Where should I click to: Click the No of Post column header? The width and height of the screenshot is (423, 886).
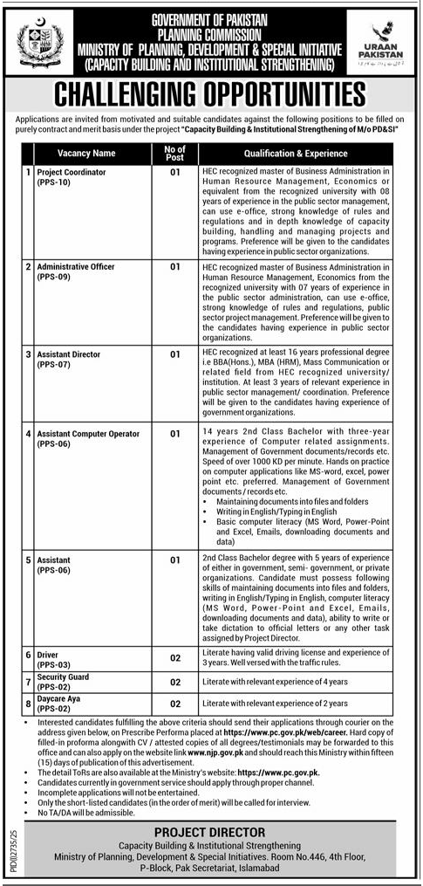(x=174, y=153)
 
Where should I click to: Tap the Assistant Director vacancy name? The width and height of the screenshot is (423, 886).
(x=69, y=355)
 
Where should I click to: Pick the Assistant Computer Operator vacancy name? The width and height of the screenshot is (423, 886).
(x=91, y=434)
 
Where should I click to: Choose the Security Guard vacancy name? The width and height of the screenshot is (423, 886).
(x=63, y=677)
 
